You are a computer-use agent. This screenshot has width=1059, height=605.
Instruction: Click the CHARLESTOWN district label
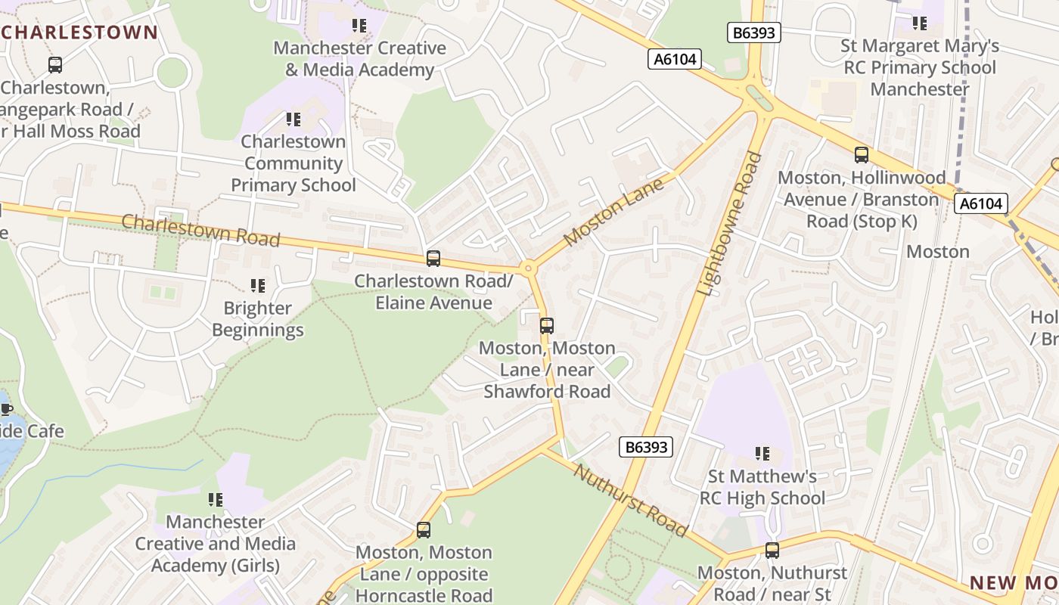(79, 33)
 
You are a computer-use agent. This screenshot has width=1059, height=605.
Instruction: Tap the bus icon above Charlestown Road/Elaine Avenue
(433, 259)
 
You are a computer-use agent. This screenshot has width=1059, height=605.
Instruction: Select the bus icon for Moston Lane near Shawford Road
(547, 326)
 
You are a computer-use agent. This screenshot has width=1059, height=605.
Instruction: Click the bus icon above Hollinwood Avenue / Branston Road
(861, 155)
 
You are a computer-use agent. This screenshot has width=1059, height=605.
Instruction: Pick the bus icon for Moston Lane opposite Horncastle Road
(424, 530)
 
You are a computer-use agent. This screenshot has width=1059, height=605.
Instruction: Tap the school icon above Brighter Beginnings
(258, 286)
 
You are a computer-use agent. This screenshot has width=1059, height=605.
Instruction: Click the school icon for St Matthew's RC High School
(762, 454)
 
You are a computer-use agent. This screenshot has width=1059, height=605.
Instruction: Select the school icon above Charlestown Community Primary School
(293, 119)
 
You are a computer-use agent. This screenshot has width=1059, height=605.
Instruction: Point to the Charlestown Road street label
(200, 230)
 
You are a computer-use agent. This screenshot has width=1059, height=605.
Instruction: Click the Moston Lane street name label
(613, 211)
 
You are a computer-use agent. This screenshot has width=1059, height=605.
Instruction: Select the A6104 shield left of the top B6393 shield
(675, 59)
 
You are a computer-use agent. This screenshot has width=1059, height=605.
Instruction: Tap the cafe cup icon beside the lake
(7, 410)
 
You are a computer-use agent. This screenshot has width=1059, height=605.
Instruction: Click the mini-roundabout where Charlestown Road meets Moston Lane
(528, 267)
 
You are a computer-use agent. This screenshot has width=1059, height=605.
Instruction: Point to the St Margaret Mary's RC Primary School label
(919, 67)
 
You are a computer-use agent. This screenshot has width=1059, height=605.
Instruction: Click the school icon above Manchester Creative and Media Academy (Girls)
(216, 500)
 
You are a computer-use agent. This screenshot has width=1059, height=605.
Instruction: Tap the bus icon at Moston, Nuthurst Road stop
(772, 551)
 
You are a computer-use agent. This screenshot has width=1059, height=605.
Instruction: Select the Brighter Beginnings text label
(258, 319)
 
